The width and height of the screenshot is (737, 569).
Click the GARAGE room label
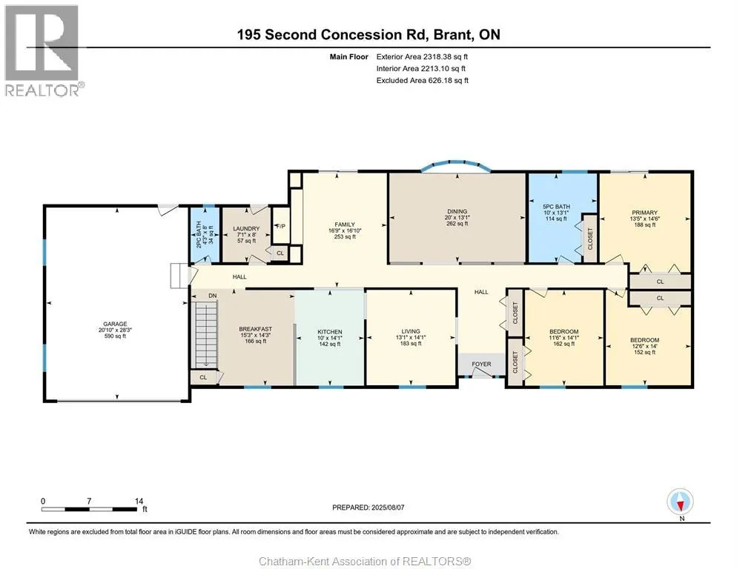pyautogui.click(x=115, y=324)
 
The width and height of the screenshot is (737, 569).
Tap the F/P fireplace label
pyautogui.click(x=281, y=227)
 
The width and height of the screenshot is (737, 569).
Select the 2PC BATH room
pyautogui.click(x=205, y=235)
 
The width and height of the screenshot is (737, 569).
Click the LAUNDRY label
pyautogui.click(x=246, y=229)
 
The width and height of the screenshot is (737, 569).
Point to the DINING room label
pyautogui.click(x=457, y=211)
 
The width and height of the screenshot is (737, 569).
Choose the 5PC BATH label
pyautogui.click(x=557, y=207)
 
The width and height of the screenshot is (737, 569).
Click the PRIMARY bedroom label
pyautogui.click(x=644, y=213)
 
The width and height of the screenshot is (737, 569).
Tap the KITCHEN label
pyautogui.click(x=329, y=332)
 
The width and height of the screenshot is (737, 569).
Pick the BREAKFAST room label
pyautogui.click(x=256, y=330)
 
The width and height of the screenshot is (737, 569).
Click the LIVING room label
pyautogui.click(x=411, y=331)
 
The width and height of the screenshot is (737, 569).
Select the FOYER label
pyautogui.click(x=481, y=364)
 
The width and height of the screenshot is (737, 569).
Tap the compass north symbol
pyautogui.click(x=680, y=502)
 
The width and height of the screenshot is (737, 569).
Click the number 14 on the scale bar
pyautogui.click(x=139, y=501)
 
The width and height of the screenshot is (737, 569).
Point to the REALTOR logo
pyautogui.click(x=43, y=50)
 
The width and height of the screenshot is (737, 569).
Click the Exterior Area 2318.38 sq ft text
pyautogui.click(x=422, y=57)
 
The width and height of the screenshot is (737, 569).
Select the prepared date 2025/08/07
pyautogui.click(x=388, y=508)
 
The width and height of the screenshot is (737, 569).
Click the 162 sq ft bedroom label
pyautogui.click(x=564, y=344)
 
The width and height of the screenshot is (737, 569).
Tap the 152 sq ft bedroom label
pyautogui.click(x=644, y=353)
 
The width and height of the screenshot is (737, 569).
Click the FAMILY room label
pyautogui.click(x=345, y=224)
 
